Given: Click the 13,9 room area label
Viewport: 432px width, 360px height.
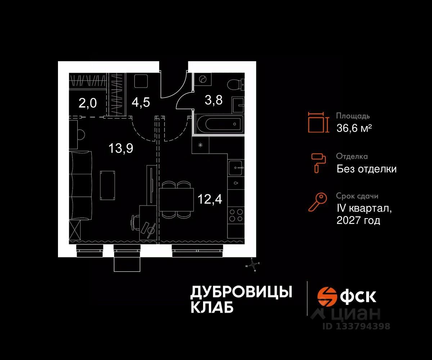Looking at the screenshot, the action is point(121,148).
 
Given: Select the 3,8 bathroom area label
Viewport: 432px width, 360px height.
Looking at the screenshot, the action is point(213,100).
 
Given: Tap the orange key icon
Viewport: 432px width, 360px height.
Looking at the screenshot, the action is point(318,202).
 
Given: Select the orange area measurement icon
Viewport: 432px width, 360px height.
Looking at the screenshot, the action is point(318,122).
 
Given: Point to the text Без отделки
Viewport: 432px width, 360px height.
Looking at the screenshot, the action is point(366,168).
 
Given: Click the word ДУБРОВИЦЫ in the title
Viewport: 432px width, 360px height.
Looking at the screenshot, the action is point(241,292).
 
